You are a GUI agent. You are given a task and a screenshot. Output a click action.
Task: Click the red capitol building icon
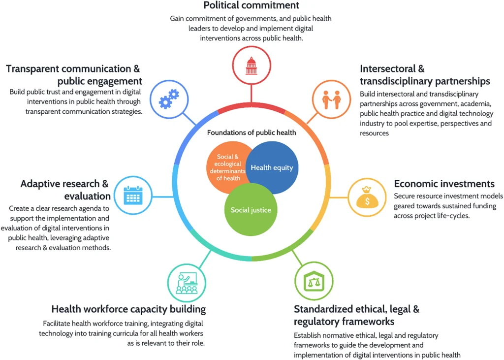(252, 65)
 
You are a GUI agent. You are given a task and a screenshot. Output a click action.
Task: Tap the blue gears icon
(169, 99)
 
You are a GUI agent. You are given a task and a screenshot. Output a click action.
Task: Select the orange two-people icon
(331, 99)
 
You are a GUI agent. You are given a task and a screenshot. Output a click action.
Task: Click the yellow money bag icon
(367, 197)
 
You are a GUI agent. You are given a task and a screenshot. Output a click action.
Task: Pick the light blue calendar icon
(133, 196)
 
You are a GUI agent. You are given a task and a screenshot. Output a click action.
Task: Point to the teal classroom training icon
(187, 283)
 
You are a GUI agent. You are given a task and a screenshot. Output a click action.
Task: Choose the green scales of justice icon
(314, 281)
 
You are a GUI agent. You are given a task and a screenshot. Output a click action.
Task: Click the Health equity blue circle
(272, 167)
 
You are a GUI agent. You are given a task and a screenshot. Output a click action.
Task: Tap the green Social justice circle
(251, 210)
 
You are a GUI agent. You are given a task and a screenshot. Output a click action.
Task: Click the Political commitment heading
(252, 5)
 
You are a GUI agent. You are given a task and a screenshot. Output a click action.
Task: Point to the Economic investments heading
(444, 184)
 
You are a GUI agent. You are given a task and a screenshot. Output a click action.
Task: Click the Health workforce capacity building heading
(128, 309)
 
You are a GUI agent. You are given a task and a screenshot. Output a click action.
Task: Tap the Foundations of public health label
(252, 132)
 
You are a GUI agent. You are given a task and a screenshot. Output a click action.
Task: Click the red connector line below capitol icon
(252, 94)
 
